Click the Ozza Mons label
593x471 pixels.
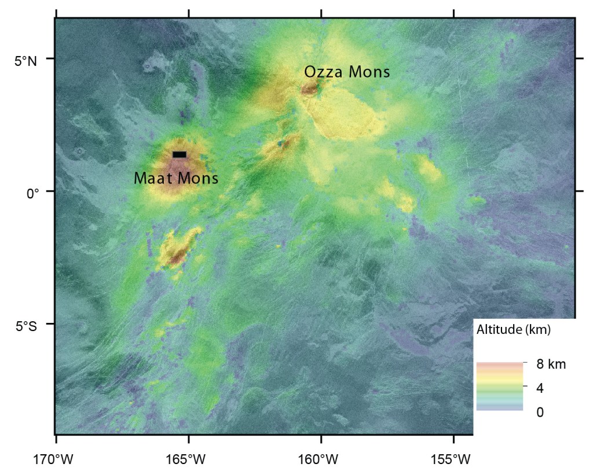tap(347, 72)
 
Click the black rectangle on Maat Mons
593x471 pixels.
tap(180, 154)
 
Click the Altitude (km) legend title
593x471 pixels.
tap(513, 330)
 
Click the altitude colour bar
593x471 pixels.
tap(500, 387)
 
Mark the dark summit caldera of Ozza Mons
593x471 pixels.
tap(309, 89)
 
